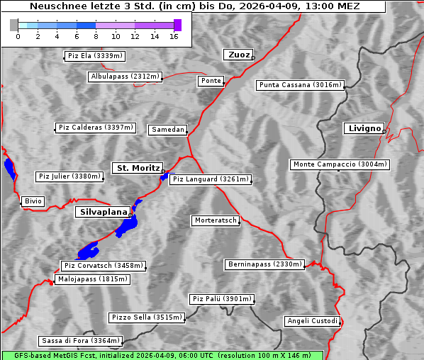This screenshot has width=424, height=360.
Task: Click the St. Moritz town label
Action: click(x=138, y=168)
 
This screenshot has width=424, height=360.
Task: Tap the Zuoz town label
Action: click(x=237, y=55)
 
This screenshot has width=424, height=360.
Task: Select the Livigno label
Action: click(x=363, y=128)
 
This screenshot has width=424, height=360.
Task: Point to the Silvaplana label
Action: click(x=104, y=212)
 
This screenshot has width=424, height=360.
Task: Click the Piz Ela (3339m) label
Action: click(x=94, y=56)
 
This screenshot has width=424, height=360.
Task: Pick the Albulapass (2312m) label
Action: click(x=125, y=77)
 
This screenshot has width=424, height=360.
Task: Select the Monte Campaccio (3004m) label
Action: click(x=340, y=164)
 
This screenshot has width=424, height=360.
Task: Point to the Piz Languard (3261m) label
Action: click(x=211, y=179)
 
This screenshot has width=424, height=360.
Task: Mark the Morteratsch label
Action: click(x=215, y=220)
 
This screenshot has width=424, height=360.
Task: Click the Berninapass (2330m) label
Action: click(x=264, y=264)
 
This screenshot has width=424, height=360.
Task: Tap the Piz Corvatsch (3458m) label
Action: click(x=104, y=266)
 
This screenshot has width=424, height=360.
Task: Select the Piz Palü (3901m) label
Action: click(x=221, y=299)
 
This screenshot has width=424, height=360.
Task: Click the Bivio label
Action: click(x=33, y=201)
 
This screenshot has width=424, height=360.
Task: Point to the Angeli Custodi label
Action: click(x=313, y=321)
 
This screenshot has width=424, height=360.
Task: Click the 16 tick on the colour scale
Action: click(x=174, y=36)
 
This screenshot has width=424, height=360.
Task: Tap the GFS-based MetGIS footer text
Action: click(x=162, y=355)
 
